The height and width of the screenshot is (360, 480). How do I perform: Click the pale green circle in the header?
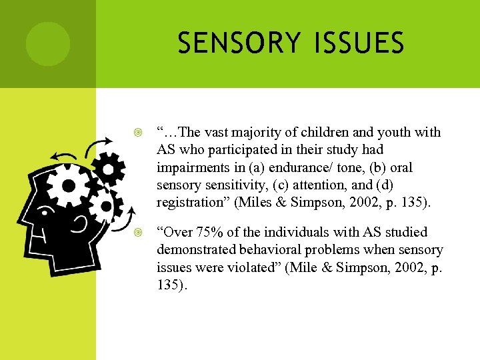pos(48,44)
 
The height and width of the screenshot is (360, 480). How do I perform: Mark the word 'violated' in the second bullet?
pos(265,267)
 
